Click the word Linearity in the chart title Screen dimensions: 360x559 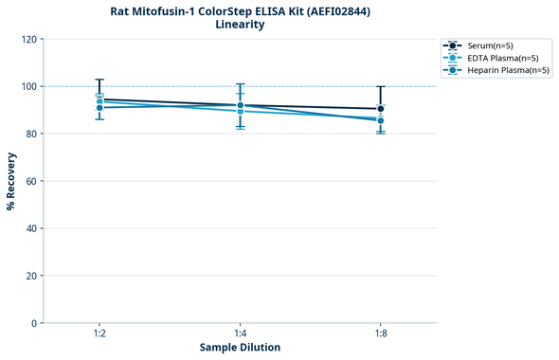coord(240,25)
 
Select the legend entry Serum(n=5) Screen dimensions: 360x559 coord(489,45)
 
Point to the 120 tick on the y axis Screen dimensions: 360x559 coord(29,39)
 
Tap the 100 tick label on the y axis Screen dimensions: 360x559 coord(29,86)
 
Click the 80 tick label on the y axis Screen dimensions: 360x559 coord(32,134)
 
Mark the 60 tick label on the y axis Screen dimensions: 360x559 coord(32,181)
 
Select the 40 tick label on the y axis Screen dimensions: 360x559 coord(32,228)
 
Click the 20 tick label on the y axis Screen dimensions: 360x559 coord(32,276)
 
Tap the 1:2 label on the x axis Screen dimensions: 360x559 coord(99,333)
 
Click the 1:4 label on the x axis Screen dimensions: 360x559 coord(241,333)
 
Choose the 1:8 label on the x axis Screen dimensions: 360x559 coord(381,333)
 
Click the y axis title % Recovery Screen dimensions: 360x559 coord(11,180)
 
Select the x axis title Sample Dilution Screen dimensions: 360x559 coord(240,348)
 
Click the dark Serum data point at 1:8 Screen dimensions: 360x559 coord(381,109)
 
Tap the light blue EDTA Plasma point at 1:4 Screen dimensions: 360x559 coord(241,111)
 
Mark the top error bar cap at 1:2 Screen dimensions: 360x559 coord(99,80)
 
